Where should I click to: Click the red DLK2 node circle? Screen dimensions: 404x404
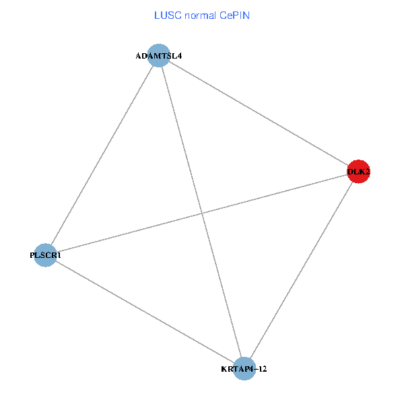358,172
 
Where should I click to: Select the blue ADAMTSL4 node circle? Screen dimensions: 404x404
158,56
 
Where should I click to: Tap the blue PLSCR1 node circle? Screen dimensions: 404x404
45,255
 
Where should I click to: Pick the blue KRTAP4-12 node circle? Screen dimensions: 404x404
244,368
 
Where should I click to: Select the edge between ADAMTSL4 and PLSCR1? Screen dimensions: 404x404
102,156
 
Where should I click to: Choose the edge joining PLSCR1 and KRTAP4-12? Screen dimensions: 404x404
145,312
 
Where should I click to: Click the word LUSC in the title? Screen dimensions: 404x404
166,15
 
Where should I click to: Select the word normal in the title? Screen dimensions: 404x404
198,15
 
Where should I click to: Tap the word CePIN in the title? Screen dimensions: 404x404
234,15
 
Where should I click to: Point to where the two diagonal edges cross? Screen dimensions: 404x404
201,213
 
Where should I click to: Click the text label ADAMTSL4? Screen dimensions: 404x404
158,56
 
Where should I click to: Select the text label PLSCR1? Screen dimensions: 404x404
45,256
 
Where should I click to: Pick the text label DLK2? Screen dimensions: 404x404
358,172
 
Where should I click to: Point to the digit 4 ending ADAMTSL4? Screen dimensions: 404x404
178,56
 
